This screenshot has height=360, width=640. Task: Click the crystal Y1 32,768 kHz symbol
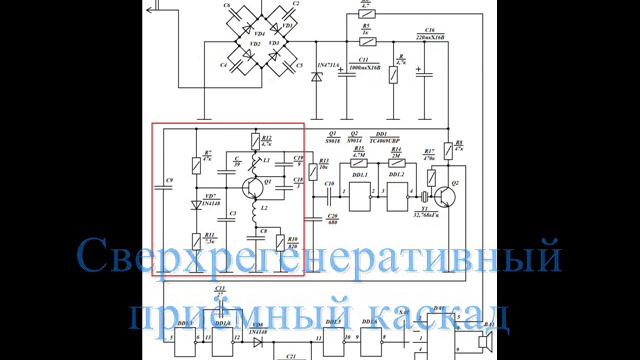click(x=424, y=198)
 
